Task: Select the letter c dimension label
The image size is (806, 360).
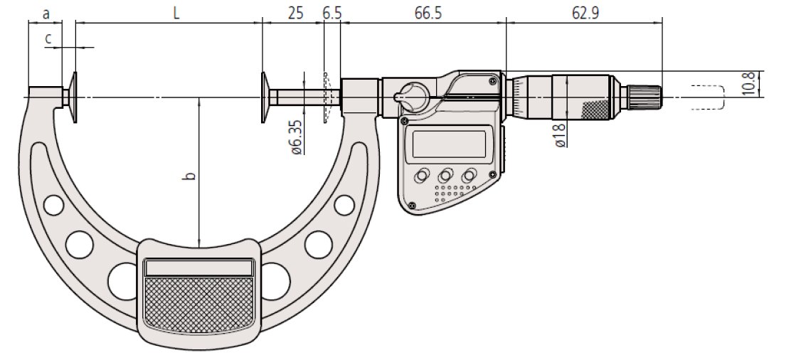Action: [48, 39]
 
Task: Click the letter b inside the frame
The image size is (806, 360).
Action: [190, 175]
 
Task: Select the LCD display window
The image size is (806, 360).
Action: [450, 143]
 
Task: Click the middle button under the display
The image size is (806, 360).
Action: [446, 174]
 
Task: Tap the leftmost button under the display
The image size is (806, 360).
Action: [423, 174]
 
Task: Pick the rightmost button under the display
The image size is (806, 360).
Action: [470, 174]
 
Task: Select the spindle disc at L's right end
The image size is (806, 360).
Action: [264, 97]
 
